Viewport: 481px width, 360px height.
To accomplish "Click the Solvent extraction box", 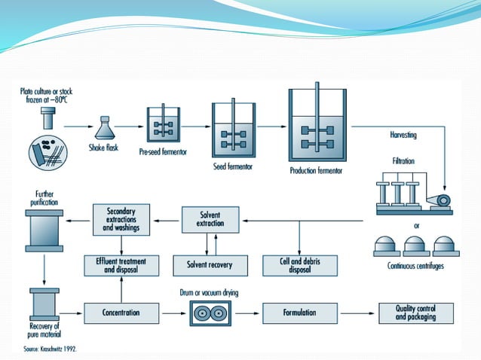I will point(211,221).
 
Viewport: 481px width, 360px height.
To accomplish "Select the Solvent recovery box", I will point(210,265).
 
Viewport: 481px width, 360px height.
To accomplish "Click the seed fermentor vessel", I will point(235,129).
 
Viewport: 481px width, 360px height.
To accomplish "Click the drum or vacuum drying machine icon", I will point(210,313).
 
